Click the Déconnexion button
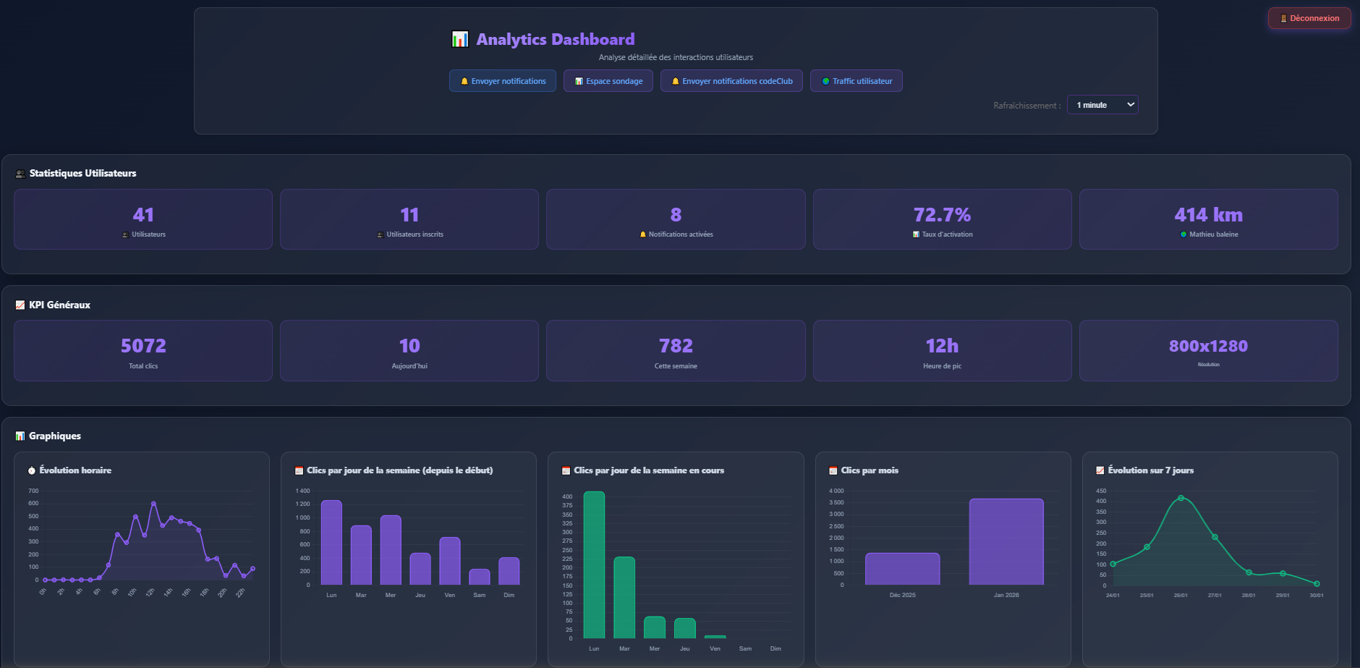1309,18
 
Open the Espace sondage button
608,81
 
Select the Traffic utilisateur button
857,81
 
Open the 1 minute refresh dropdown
1102,105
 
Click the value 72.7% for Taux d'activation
942,215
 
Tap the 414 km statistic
1208,215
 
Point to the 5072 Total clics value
143,346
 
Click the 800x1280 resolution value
1208,346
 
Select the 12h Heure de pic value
942,346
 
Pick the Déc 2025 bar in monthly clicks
902,569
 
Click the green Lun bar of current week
594,565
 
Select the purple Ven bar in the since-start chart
450,561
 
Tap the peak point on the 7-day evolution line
1181,498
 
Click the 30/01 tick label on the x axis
1316,596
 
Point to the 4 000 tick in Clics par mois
836,491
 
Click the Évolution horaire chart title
75,470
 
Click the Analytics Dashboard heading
555,39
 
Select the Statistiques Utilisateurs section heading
82,173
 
